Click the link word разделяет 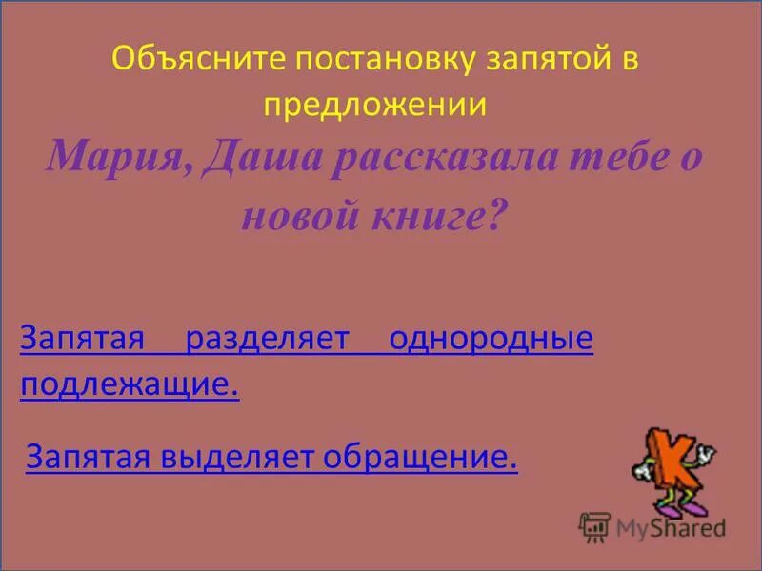click(276, 338)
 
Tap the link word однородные click(490, 338)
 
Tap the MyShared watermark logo click(652, 525)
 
